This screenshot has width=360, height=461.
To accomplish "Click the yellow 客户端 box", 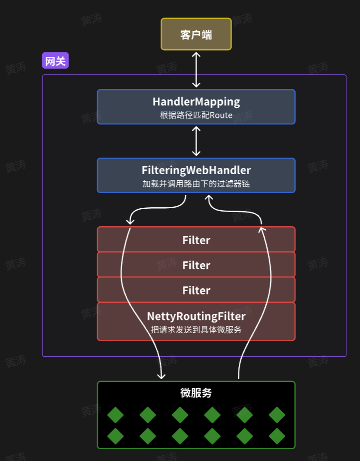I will pyautogui.click(x=196, y=34).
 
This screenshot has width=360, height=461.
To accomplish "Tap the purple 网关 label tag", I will pyautogui.click(x=55, y=61).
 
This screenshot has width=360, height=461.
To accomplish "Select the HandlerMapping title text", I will pyautogui.click(x=196, y=102).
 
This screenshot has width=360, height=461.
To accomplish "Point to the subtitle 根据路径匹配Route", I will pyautogui.click(x=196, y=115).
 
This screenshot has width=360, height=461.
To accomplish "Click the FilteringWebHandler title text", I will pyautogui.click(x=196, y=170).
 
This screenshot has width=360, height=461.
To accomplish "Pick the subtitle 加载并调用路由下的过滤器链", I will pyautogui.click(x=196, y=184).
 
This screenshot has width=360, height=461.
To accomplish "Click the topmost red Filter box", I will pyautogui.click(x=196, y=239).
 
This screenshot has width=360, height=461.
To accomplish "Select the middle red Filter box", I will pyautogui.click(x=196, y=265).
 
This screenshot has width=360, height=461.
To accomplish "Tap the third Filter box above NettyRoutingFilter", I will pyautogui.click(x=196, y=290).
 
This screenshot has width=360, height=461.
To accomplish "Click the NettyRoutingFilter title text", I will pyautogui.click(x=196, y=316).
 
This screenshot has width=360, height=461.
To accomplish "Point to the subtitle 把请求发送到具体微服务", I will pyautogui.click(x=196, y=329).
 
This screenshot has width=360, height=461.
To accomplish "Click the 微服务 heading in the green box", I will pyautogui.click(x=196, y=392).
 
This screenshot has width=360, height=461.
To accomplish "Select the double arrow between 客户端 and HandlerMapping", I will pyautogui.click(x=196, y=70).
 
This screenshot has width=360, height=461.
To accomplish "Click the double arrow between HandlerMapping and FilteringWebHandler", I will pyautogui.click(x=196, y=141).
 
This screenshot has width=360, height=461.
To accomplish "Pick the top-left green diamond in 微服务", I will pyautogui.click(x=115, y=415).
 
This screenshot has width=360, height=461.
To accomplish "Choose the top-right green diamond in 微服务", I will pyautogui.click(x=277, y=415).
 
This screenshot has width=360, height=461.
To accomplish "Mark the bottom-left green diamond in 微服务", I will pyautogui.click(x=115, y=436).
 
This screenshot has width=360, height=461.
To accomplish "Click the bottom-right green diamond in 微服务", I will pyautogui.click(x=277, y=436).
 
